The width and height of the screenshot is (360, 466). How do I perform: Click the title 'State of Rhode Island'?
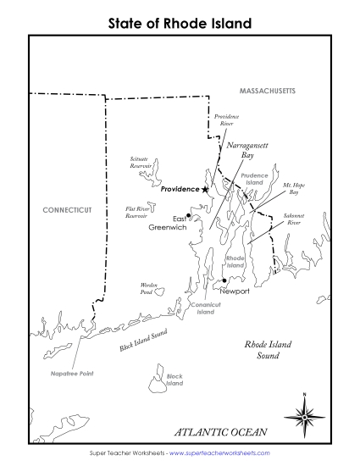click(x=180, y=24)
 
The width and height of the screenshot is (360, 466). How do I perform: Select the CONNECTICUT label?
click(x=69, y=208)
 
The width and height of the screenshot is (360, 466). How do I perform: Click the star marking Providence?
click(x=205, y=190)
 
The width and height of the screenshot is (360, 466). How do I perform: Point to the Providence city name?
click(x=179, y=190)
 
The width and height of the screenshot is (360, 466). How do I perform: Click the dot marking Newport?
click(x=224, y=281)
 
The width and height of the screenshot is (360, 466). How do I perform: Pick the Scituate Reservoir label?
click(x=141, y=162)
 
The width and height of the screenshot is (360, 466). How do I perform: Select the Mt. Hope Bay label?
click(x=294, y=187)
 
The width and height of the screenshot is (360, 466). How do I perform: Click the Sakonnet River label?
click(x=295, y=219)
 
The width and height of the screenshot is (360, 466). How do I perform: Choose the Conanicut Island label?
click(x=206, y=308)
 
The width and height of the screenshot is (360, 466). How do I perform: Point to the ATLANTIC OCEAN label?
click(x=220, y=432)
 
